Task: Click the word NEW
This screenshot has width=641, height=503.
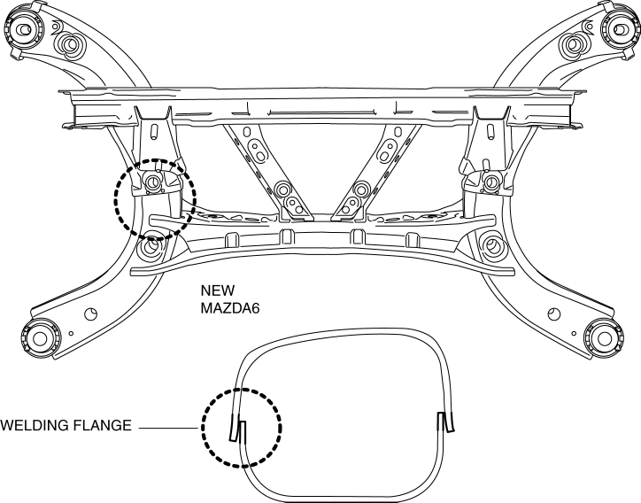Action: (218, 290)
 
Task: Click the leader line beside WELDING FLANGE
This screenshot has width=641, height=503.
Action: (169, 427)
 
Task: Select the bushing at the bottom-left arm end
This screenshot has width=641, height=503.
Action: (38, 337)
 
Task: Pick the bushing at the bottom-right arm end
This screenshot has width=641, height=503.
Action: (603, 337)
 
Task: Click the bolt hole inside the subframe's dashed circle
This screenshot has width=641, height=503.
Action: (151, 183)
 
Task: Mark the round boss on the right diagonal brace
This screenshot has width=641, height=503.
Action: (360, 189)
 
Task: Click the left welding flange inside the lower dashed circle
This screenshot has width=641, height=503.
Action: (240, 428)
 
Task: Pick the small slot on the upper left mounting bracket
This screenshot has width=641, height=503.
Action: (156, 131)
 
